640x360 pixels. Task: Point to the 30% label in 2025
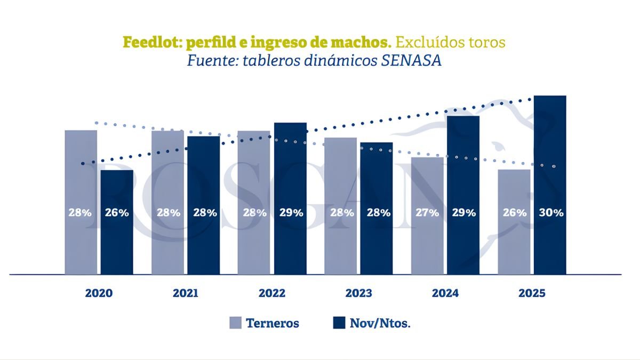coord(550,212)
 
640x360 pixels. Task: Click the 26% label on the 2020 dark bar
coord(117,212)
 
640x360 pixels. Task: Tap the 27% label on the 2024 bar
coord(427,212)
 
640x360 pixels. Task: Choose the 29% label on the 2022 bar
coord(291,212)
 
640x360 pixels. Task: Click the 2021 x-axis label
coord(186,293)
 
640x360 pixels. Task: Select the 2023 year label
coord(359,293)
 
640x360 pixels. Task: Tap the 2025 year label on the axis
coord(532,293)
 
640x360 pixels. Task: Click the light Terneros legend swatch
coord(236,323)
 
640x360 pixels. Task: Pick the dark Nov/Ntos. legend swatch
coord(339,323)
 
